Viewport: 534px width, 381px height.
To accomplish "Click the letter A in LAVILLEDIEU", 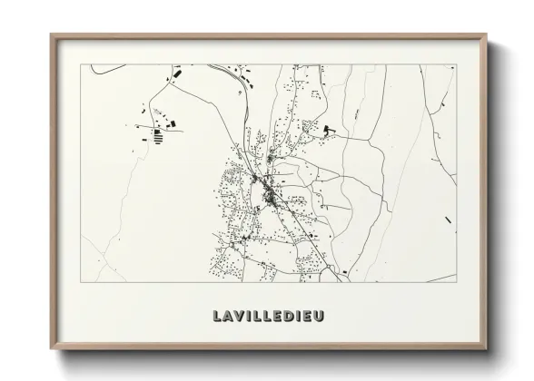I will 230,317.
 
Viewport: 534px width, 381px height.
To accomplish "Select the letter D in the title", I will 290,317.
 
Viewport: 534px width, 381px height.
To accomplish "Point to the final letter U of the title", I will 321,317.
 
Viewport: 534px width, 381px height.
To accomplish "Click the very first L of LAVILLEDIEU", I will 218,317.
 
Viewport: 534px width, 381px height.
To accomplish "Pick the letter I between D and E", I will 299,317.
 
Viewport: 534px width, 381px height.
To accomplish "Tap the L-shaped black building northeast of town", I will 325,131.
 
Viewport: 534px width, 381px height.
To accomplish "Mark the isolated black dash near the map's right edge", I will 448,220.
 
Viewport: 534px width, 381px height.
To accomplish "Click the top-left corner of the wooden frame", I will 51,35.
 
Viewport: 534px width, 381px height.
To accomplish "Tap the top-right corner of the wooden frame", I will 488,35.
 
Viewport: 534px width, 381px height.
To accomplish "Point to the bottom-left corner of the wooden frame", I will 51,350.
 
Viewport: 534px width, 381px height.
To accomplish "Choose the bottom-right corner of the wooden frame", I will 488,350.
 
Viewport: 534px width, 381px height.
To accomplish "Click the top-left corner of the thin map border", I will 81,64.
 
